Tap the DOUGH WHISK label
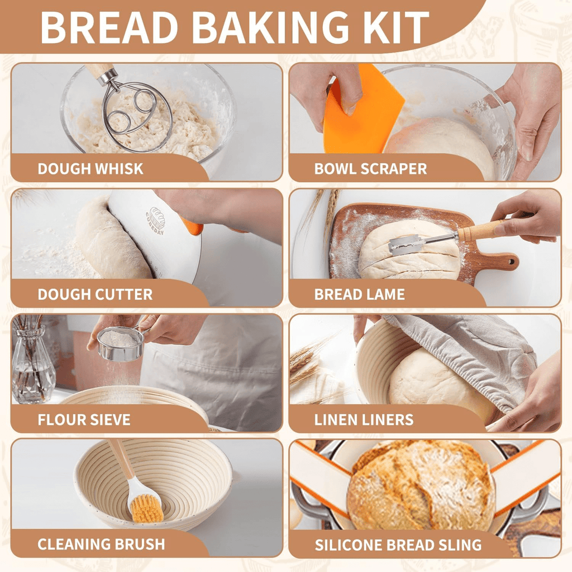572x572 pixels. [90, 169]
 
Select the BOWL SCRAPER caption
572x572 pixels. [370, 169]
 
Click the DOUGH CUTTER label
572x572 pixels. [95, 294]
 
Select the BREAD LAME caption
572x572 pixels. [359, 294]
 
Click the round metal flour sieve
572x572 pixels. [120, 343]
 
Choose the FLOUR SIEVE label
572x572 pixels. [84, 420]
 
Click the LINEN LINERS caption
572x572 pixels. [364, 420]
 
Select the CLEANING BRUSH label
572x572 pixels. [101, 544]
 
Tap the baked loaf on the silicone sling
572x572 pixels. [419, 486]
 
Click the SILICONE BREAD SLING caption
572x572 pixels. [398, 545]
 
